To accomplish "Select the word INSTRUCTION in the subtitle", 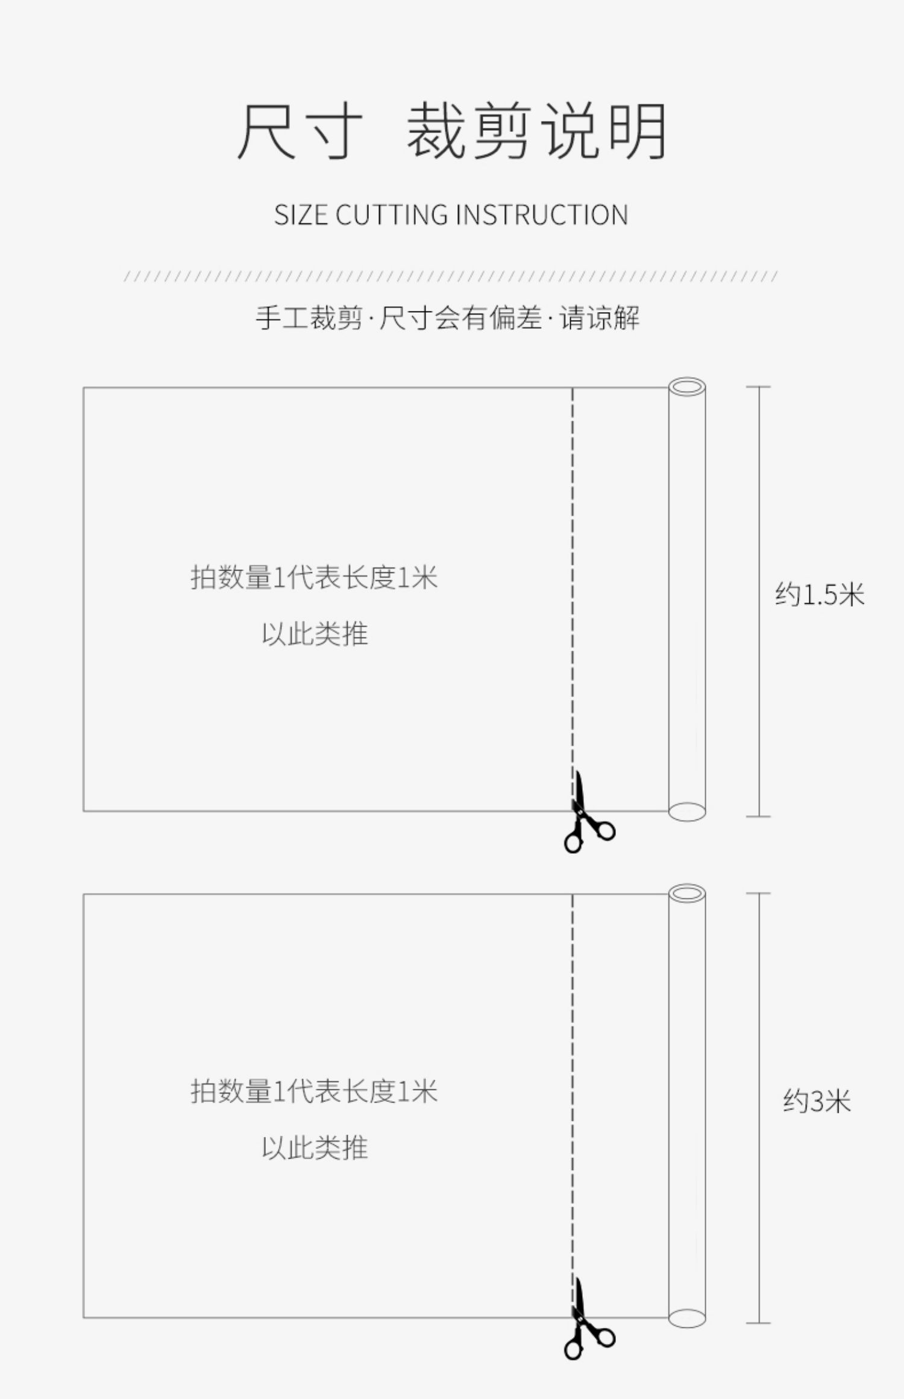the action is pyautogui.click(x=541, y=215).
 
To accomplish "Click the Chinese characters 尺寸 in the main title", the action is pyautogui.click(x=300, y=131).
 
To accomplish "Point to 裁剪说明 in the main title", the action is pyautogui.click(x=536, y=131).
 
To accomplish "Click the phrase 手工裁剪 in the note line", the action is pyautogui.click(x=309, y=318).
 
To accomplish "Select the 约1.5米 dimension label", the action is pyautogui.click(x=819, y=595).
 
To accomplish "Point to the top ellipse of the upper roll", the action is pyautogui.click(x=687, y=386).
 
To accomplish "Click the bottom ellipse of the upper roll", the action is pyautogui.click(x=687, y=812).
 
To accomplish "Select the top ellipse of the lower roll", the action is pyautogui.click(x=687, y=893).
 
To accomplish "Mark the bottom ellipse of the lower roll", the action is pyautogui.click(x=687, y=1318).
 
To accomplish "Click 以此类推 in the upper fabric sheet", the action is pyautogui.click(x=315, y=634).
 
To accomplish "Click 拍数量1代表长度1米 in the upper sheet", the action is pyautogui.click(x=314, y=577).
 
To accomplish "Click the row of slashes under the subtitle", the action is pyautogui.click(x=451, y=277).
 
